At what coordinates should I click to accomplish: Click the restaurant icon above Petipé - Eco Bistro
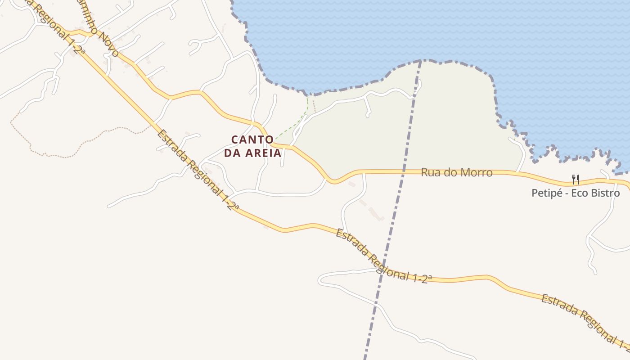pos(575,180)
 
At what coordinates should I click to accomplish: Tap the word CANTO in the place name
pos(252,140)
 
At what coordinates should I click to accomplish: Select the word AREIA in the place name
pos(263,153)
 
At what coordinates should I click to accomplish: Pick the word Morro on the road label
pos(477,172)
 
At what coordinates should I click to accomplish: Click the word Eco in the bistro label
pos(583,193)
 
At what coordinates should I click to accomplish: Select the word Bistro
pos(607,193)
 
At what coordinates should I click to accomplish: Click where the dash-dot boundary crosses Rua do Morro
pos(403,171)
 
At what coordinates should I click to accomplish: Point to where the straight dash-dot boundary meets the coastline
pos(421,60)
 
